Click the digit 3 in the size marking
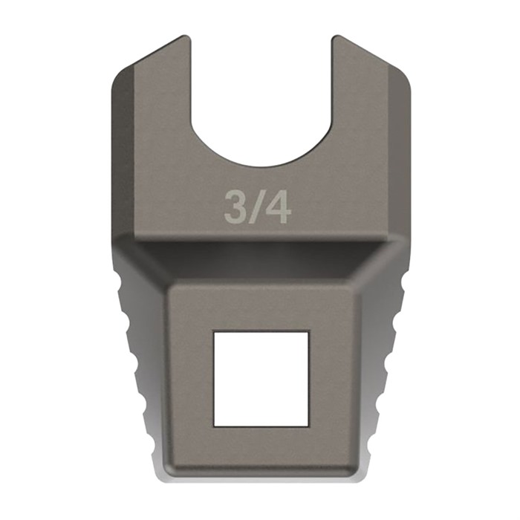pos(236,207)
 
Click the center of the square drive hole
pos(261,379)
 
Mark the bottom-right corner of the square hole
pos(308,426)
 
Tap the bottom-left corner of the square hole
pos(214,426)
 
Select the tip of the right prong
pos(337,37)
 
